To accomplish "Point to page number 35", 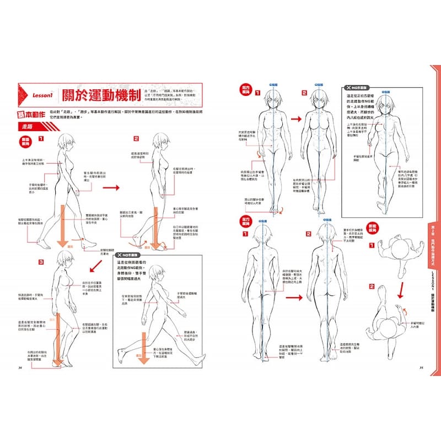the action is [421, 366].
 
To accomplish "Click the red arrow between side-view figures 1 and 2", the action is [112, 188].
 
